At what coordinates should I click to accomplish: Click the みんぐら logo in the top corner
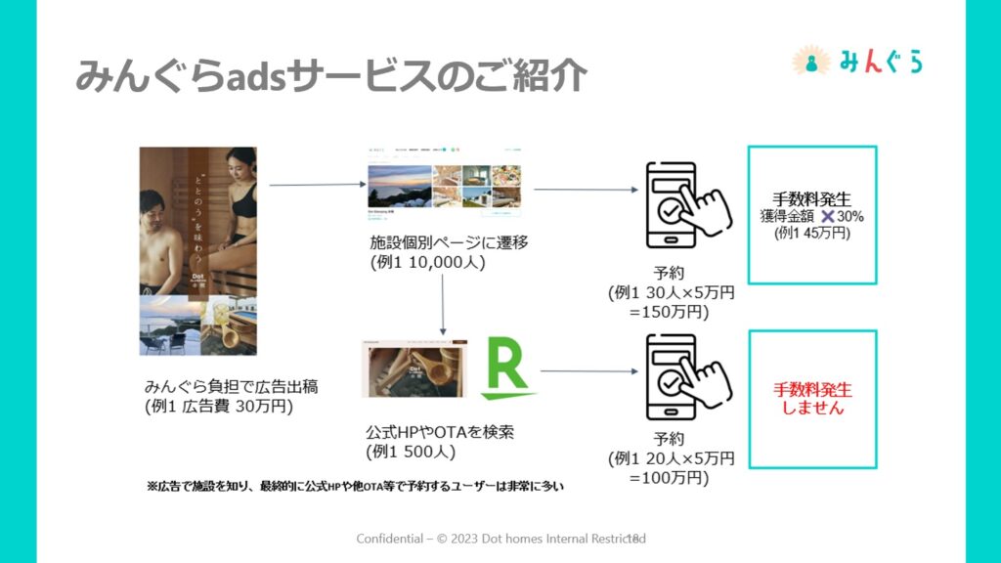857,62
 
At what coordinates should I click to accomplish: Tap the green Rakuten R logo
507,368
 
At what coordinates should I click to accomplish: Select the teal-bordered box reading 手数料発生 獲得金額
810,215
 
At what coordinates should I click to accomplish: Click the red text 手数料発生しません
811,399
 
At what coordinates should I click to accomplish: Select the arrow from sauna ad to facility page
310,184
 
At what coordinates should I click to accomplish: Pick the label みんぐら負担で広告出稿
231,386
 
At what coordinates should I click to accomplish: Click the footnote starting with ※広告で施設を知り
356,485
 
